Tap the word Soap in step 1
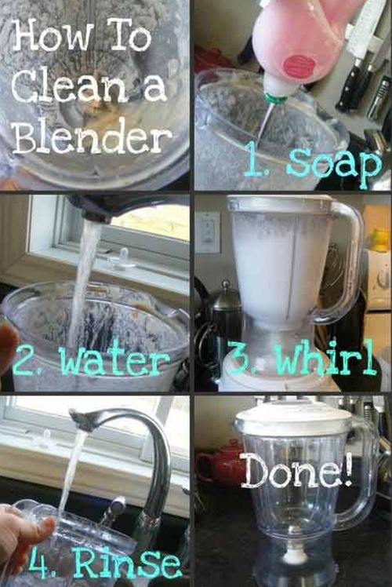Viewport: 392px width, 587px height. (x=335, y=163)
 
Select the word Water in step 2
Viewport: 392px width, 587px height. (x=114, y=360)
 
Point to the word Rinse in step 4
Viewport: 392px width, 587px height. (x=126, y=562)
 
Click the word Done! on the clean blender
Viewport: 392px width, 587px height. (x=296, y=471)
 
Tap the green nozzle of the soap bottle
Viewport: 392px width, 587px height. (x=276, y=98)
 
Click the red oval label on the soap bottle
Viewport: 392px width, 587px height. (x=298, y=65)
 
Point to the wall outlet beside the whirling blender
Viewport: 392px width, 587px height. (x=209, y=232)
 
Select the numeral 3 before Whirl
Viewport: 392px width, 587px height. (x=237, y=359)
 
